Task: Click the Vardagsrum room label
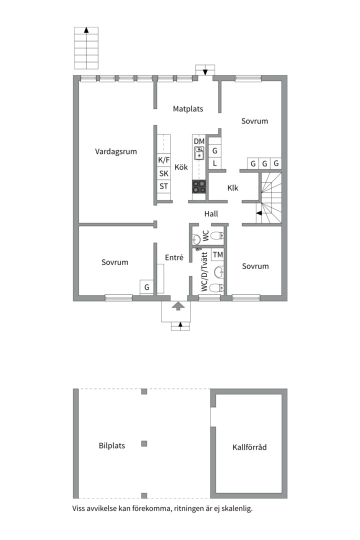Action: tap(116, 151)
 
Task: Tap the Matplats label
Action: tap(188, 108)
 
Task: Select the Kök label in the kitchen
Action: tap(181, 167)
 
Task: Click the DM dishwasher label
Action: tap(199, 141)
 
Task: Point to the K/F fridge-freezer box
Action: tap(164, 160)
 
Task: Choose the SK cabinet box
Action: tap(164, 173)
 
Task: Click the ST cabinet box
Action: tap(164, 186)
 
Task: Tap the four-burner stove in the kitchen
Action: tap(199, 186)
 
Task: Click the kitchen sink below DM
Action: tap(199, 153)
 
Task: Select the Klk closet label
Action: tap(233, 188)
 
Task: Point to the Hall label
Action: tap(211, 213)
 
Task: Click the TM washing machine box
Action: tap(217, 255)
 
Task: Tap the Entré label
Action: tap(174, 257)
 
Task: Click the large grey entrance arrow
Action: tap(177, 306)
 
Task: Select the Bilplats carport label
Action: tap(112, 445)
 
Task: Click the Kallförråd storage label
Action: tap(249, 447)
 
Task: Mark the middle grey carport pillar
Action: tap(144, 443)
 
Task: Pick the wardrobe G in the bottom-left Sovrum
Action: tap(147, 287)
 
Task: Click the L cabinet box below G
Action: tap(214, 163)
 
